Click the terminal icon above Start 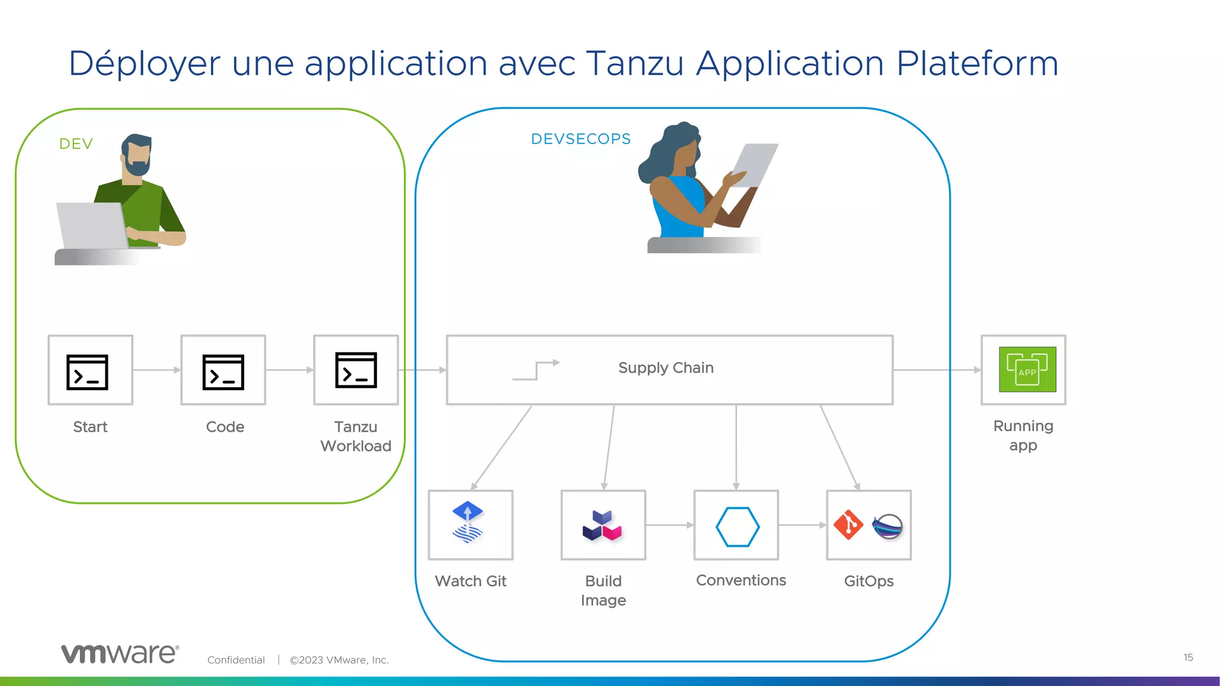coord(88,372)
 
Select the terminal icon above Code coord(223,372)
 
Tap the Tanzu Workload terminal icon coord(356,370)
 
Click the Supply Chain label coord(665,368)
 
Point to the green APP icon coord(1027,370)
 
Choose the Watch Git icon coord(468,522)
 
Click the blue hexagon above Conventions coord(737,526)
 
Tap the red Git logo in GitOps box coord(848,525)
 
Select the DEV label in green coord(76,144)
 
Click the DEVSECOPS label coord(581,139)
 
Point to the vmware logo coord(120,653)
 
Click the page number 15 coord(1188,657)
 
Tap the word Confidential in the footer coord(236,660)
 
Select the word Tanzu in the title coord(634,63)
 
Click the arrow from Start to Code coord(157,370)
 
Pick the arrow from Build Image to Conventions coord(670,525)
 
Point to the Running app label coord(1023,435)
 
